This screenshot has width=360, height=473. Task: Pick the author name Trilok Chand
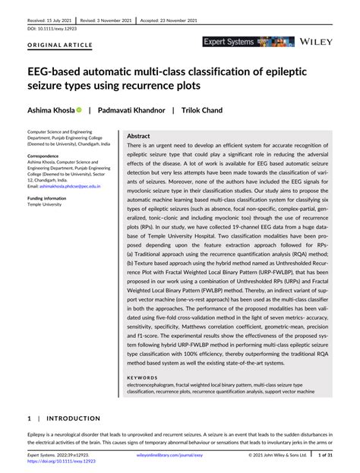click(201, 110)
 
